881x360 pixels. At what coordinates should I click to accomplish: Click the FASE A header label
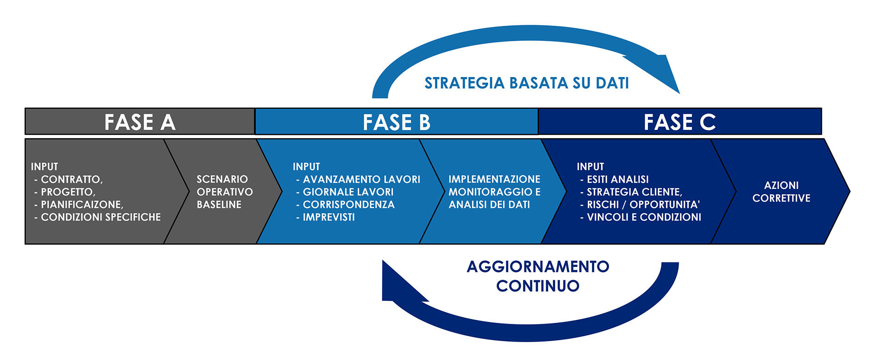[140, 122]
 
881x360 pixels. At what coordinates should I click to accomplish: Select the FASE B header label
[396, 122]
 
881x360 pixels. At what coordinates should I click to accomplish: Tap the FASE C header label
[680, 122]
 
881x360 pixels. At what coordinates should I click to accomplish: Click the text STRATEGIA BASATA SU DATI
[526, 83]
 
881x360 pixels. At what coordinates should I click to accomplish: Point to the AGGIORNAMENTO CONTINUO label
[538, 276]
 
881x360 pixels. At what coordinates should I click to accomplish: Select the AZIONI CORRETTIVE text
[781, 192]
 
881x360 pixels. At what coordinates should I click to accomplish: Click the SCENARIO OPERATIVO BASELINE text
[224, 192]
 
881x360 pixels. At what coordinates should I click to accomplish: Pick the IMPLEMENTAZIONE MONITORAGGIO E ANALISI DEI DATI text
[494, 192]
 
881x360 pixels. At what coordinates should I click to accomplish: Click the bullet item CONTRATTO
[72, 179]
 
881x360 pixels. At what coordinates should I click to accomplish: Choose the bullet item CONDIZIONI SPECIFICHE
[100, 217]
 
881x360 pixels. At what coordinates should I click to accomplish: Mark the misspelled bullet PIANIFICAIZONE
[82, 205]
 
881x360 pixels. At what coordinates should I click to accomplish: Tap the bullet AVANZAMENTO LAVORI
[361, 179]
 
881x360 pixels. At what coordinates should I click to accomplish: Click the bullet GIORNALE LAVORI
[348, 192]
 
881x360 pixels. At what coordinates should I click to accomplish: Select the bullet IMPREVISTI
[329, 217]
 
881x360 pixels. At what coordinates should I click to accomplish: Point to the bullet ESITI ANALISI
[618, 179]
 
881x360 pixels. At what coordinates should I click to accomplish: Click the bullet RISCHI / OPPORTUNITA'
[643, 205]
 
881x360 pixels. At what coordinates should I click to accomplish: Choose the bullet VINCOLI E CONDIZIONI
[644, 217]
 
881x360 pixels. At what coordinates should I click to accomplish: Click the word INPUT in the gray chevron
[45, 166]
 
